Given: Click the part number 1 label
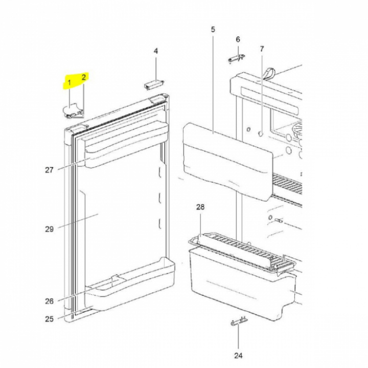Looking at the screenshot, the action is click(x=69, y=83).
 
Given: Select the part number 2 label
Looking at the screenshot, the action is click(x=84, y=77).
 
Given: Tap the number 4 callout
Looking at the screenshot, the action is click(x=156, y=51).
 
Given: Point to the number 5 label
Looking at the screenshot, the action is click(x=213, y=30).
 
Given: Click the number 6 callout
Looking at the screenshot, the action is click(x=238, y=39).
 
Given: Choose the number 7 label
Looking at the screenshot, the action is click(x=262, y=49).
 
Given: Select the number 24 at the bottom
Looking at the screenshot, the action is click(x=238, y=356).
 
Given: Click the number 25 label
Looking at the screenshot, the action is click(x=49, y=319).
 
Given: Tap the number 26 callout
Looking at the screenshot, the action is click(x=49, y=301).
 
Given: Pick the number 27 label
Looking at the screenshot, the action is click(x=49, y=170).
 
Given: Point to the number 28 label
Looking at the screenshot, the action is click(x=200, y=207).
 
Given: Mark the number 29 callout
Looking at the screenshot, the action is click(x=49, y=229).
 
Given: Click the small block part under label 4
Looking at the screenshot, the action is click(x=154, y=84).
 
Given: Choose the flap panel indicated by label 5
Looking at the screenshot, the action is click(x=227, y=162).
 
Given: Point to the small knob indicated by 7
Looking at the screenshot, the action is click(x=261, y=133).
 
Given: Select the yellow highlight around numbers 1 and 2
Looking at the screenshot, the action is click(x=75, y=81).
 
